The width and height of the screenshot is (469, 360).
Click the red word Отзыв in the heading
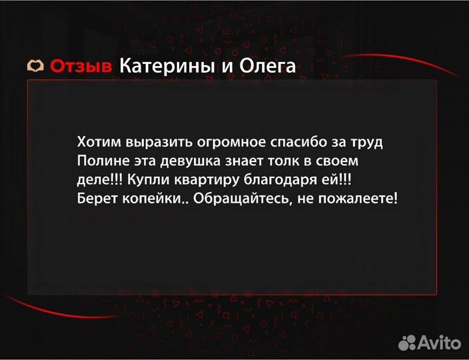(x=81, y=67)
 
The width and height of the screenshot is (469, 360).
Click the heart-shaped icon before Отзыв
(x=35, y=67)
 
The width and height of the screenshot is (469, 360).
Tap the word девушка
(x=189, y=161)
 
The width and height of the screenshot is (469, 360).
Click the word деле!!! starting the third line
(x=99, y=180)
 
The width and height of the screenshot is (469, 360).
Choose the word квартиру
(x=199, y=180)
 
